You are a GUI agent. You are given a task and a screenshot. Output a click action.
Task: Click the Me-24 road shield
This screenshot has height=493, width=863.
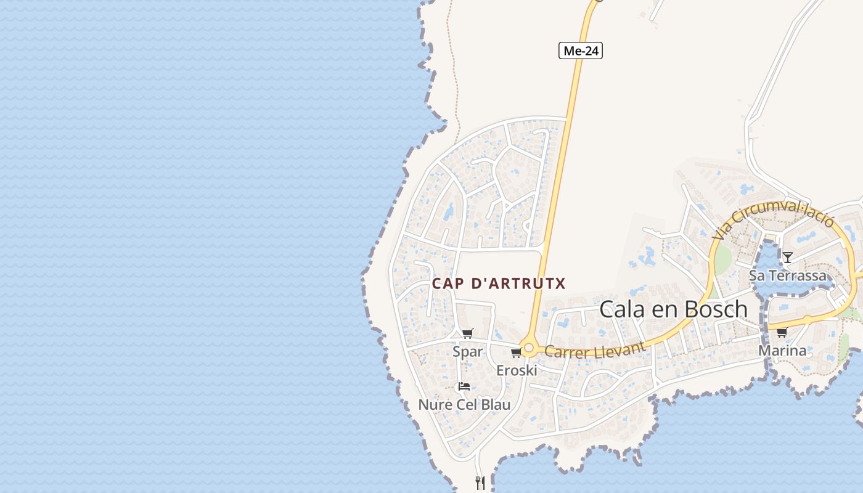click(x=580, y=51)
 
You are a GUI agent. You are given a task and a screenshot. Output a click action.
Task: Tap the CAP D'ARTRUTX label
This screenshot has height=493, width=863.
click(x=499, y=283)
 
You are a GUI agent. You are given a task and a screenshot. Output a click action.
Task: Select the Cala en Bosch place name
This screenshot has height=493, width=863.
click(x=673, y=309)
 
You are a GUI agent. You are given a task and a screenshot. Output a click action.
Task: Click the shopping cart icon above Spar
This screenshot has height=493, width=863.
click(x=468, y=334)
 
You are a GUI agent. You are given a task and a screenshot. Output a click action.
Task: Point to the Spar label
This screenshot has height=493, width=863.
click(x=468, y=352)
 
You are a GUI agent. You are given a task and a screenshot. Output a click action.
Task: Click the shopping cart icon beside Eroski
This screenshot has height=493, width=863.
click(x=516, y=353)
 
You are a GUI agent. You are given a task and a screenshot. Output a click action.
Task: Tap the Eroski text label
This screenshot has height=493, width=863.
click(x=517, y=370)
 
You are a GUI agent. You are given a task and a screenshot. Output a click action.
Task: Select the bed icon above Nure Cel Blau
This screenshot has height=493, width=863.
click(x=464, y=386)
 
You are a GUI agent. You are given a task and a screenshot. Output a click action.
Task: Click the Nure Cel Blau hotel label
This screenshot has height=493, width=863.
click(x=464, y=405)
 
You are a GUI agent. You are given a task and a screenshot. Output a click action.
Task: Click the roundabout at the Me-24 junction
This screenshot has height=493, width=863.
click(x=528, y=348)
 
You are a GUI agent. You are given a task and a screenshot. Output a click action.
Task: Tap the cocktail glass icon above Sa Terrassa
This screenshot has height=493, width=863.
click(x=787, y=257)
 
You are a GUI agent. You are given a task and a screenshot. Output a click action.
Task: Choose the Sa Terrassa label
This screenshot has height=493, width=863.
click(x=787, y=275)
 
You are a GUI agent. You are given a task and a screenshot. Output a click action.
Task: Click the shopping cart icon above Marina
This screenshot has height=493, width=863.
click(x=782, y=333)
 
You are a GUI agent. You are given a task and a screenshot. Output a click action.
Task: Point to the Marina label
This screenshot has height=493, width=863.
click(x=782, y=351)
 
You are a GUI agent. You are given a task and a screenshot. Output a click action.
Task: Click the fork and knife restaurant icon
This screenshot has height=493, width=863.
click(x=480, y=483)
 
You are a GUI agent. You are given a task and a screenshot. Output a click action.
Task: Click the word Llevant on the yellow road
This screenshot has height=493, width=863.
click(x=620, y=347)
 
